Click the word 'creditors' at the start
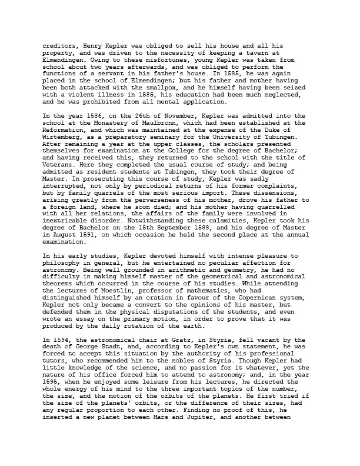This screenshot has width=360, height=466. pyautogui.click(x=60, y=45)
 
